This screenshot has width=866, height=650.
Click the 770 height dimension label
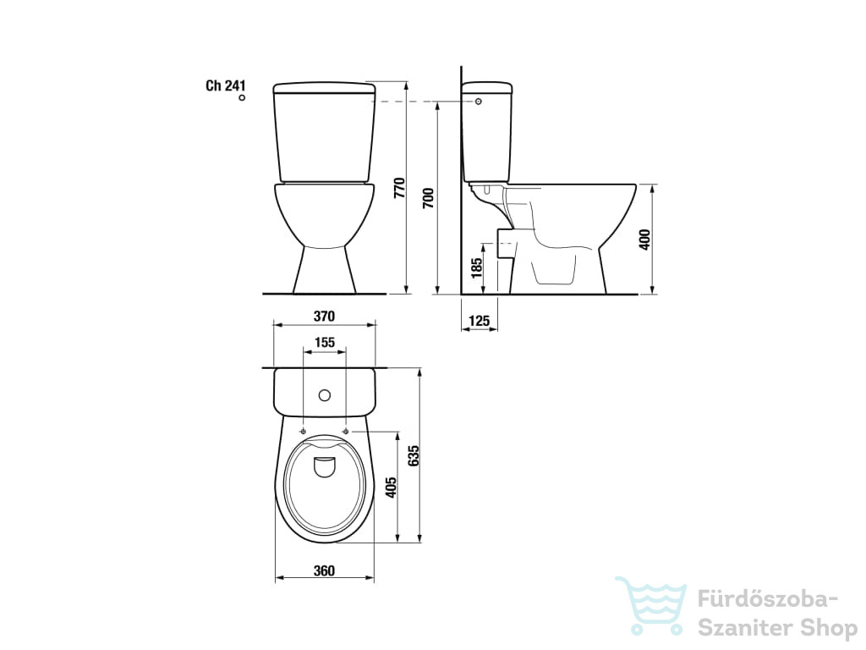click(x=400, y=188)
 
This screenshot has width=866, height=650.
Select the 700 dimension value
click(x=429, y=198)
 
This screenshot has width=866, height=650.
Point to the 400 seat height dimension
click(x=644, y=240)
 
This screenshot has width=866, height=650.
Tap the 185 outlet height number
click(x=477, y=267)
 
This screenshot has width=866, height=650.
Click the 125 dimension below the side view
click(x=480, y=321)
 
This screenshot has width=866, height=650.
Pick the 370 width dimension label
click(x=324, y=317)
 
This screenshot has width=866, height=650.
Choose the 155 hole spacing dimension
click(x=325, y=343)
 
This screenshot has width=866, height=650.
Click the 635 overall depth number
click(x=414, y=456)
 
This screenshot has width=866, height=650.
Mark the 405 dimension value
click(x=391, y=487)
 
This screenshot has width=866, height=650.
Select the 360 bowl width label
click(x=324, y=570)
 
